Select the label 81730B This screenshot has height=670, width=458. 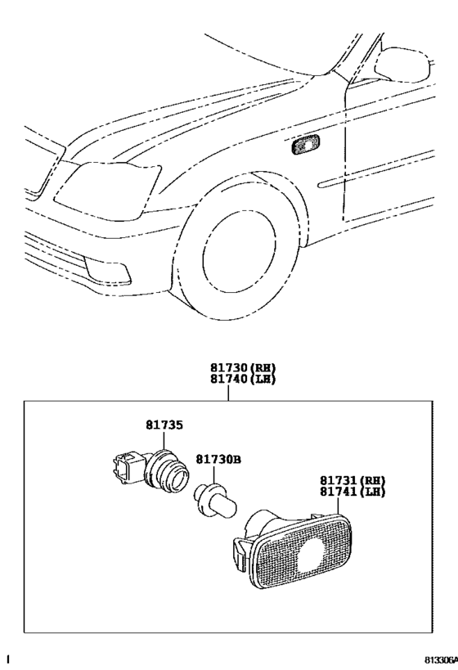click(x=217, y=461)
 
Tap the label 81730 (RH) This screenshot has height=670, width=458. click(x=229, y=368)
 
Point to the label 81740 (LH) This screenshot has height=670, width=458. click(x=229, y=379)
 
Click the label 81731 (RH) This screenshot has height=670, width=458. click(x=352, y=480)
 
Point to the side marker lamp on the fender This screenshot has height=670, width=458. click(x=305, y=146)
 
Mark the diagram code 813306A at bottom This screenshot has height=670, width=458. click(x=440, y=659)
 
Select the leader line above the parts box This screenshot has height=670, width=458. click(x=229, y=393)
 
